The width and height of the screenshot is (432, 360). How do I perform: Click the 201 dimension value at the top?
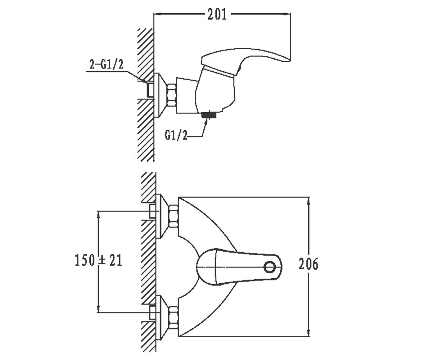217,14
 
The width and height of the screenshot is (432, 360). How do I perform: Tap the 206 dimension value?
308,264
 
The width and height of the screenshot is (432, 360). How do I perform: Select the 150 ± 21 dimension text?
99,260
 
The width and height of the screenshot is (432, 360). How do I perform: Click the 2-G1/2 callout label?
106,64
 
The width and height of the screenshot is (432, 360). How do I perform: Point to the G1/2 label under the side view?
176,135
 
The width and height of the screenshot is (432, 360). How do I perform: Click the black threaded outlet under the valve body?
209,115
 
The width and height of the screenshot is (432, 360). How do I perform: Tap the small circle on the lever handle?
269,267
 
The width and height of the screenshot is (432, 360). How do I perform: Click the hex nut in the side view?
172,95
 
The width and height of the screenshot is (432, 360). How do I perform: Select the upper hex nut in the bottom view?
174,216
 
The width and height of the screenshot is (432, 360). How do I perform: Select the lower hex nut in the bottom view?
174,318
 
